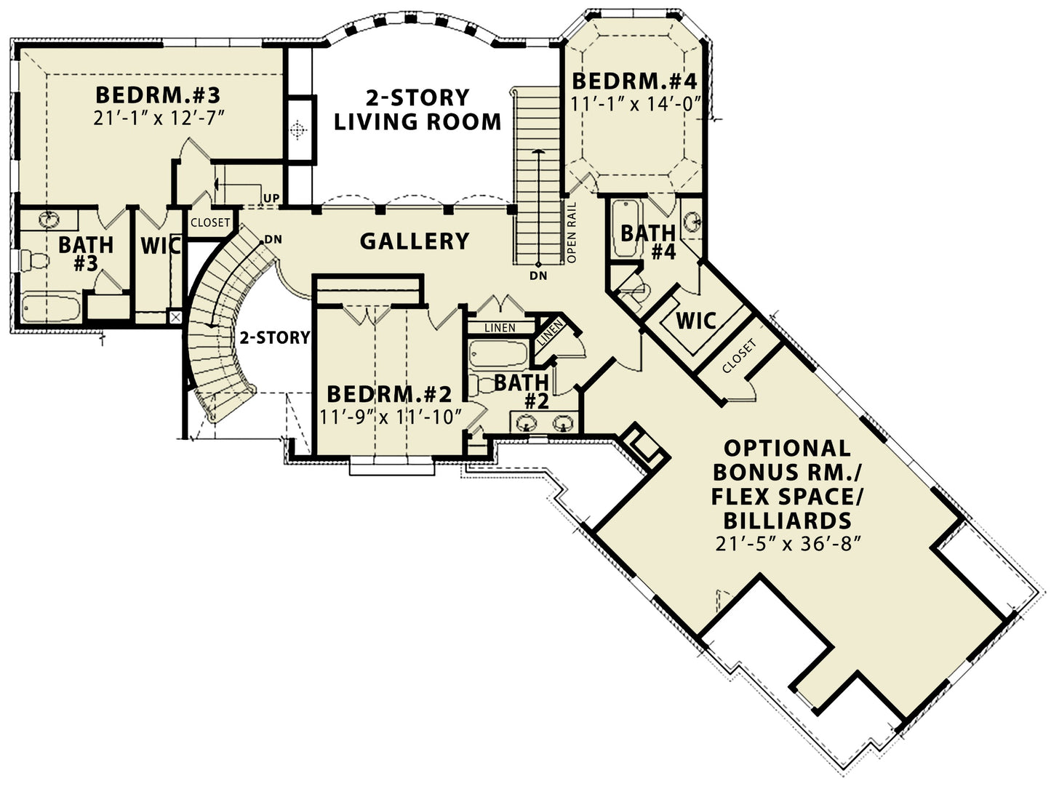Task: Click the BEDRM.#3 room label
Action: pyautogui.click(x=158, y=95)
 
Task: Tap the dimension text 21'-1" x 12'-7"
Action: pyautogui.click(x=158, y=118)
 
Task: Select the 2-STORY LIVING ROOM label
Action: pyautogui.click(x=417, y=109)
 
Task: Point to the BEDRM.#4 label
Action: pyautogui.click(x=634, y=81)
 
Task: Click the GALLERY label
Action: pyautogui.click(x=415, y=241)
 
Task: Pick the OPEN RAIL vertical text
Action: pyautogui.click(x=572, y=232)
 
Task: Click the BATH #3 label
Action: pyautogui.click(x=85, y=253)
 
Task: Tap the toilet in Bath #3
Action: pyautogui.click(x=33, y=260)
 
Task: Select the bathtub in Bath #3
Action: pyautogui.click(x=49, y=308)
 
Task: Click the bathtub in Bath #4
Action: pyautogui.click(x=625, y=228)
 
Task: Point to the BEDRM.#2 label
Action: pyautogui.click(x=389, y=394)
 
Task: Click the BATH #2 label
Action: pyautogui.click(x=522, y=390)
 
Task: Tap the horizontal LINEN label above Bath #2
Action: pyautogui.click(x=500, y=328)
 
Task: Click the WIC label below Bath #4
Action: pyautogui.click(x=696, y=321)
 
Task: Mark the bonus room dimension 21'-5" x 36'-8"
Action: pyautogui.click(x=788, y=544)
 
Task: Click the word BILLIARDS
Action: pyautogui.click(x=787, y=521)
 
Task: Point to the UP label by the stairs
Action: pyautogui.click(x=271, y=198)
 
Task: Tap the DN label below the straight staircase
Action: pyautogui.click(x=538, y=276)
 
